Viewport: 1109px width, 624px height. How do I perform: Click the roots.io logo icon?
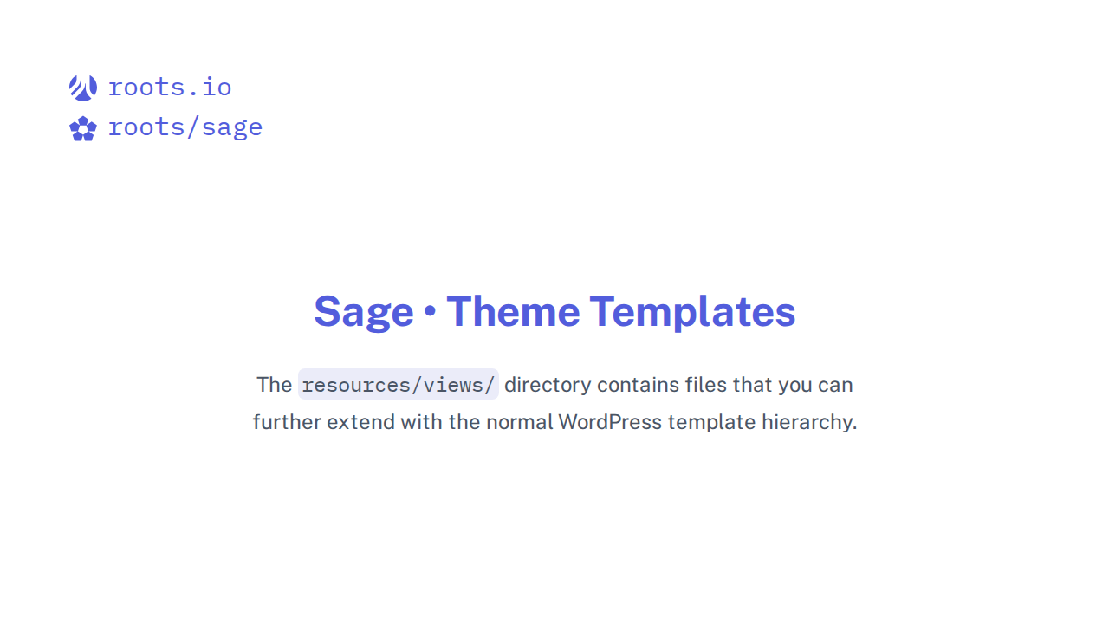point(83,88)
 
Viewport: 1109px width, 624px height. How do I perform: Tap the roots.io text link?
point(170,88)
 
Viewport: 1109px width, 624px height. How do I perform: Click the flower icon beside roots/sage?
point(83,128)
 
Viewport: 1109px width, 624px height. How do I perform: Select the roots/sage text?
point(185,128)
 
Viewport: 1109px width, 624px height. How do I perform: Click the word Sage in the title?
point(364,312)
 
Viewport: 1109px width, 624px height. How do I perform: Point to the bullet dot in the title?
point(430,312)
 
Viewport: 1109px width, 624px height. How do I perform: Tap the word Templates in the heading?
point(692,312)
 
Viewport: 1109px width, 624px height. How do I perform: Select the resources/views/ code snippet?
point(399,385)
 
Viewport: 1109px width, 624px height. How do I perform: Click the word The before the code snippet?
point(274,385)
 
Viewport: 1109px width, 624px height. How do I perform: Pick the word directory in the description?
point(548,385)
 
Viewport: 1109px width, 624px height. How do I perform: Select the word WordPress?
point(610,423)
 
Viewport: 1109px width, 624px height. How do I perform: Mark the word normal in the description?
point(519,423)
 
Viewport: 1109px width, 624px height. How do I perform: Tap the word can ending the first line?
point(836,385)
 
